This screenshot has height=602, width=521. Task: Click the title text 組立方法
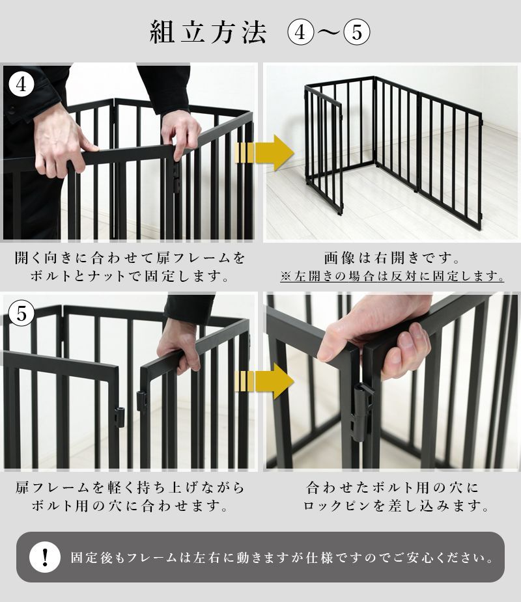coord(208,32)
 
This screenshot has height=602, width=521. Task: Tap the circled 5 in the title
coord(356,32)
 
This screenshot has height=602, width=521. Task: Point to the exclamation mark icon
coord(45,557)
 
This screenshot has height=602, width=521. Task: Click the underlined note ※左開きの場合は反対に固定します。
coord(393,277)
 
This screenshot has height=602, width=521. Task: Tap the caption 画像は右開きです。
coord(393,258)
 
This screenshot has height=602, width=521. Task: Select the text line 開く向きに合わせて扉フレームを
coord(130,258)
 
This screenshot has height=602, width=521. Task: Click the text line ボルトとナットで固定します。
coord(130,277)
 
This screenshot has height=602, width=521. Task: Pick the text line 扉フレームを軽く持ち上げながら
coord(130,487)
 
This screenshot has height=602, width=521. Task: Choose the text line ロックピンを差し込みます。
coord(393,506)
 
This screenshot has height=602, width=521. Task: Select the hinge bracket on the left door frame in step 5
coord(119,417)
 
